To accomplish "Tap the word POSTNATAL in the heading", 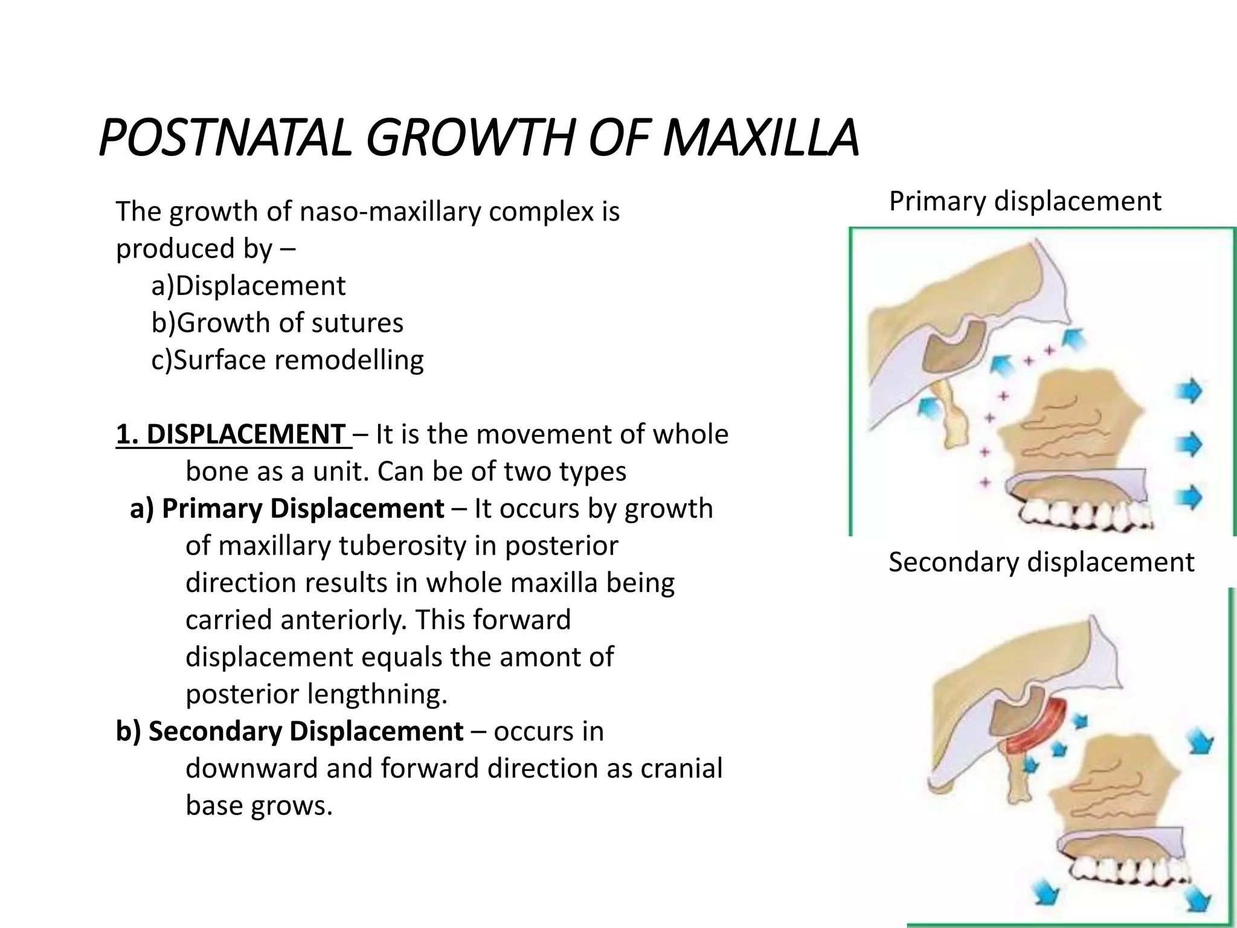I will pyautogui.click(x=223, y=139).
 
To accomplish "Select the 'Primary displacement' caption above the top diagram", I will pyautogui.click(x=1024, y=201).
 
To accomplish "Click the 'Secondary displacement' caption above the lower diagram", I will pyautogui.click(x=1041, y=562).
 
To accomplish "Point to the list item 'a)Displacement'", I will pyautogui.click(x=248, y=286).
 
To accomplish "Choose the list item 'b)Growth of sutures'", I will pyautogui.click(x=277, y=323).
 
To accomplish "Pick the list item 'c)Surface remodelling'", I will pyautogui.click(x=288, y=360).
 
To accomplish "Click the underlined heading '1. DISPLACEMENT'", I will pyautogui.click(x=233, y=434).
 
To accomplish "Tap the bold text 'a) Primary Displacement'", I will pyautogui.click(x=287, y=509).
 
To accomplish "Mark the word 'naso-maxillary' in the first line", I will pyautogui.click(x=390, y=212).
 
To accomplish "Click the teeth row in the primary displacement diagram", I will pyautogui.click(x=1087, y=515).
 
